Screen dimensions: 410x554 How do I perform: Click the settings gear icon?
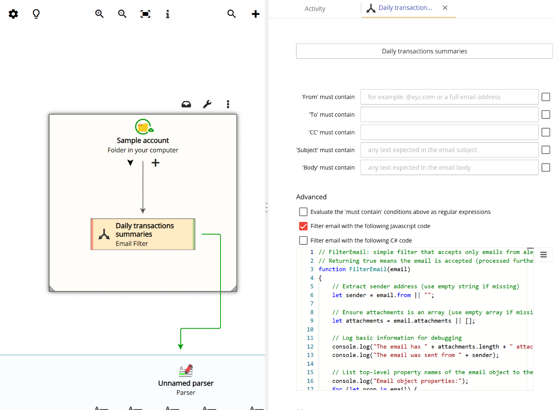pyautogui.click(x=13, y=14)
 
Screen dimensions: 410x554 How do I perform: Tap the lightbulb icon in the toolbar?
pyautogui.click(x=36, y=14)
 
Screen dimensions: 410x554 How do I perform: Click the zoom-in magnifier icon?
pyautogui.click(x=99, y=14)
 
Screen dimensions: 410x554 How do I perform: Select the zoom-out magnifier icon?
pyautogui.click(x=122, y=14)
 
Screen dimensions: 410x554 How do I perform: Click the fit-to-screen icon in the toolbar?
pyautogui.click(x=145, y=14)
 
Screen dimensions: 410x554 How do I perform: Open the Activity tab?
pyautogui.click(x=315, y=9)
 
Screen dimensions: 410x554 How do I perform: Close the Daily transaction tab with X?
pyautogui.click(x=445, y=8)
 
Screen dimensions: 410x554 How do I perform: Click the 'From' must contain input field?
pyautogui.click(x=449, y=97)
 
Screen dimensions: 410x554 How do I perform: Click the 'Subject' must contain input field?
pyautogui.click(x=449, y=150)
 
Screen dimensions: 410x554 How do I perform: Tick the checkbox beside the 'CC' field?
pyautogui.click(x=546, y=132)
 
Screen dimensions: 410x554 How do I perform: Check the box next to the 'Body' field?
pyautogui.click(x=546, y=167)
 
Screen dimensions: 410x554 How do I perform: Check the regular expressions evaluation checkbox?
pyautogui.click(x=303, y=212)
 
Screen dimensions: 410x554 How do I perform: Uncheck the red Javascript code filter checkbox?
pyautogui.click(x=303, y=226)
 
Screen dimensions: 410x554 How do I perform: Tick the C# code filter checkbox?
pyautogui.click(x=303, y=240)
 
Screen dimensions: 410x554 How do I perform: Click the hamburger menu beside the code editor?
pyautogui.click(x=543, y=255)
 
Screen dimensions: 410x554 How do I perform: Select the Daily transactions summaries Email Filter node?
pyautogui.click(x=143, y=234)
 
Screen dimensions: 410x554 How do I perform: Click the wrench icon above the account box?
pyautogui.click(x=207, y=104)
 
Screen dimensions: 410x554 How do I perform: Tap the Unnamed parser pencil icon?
pyautogui.click(x=186, y=370)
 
